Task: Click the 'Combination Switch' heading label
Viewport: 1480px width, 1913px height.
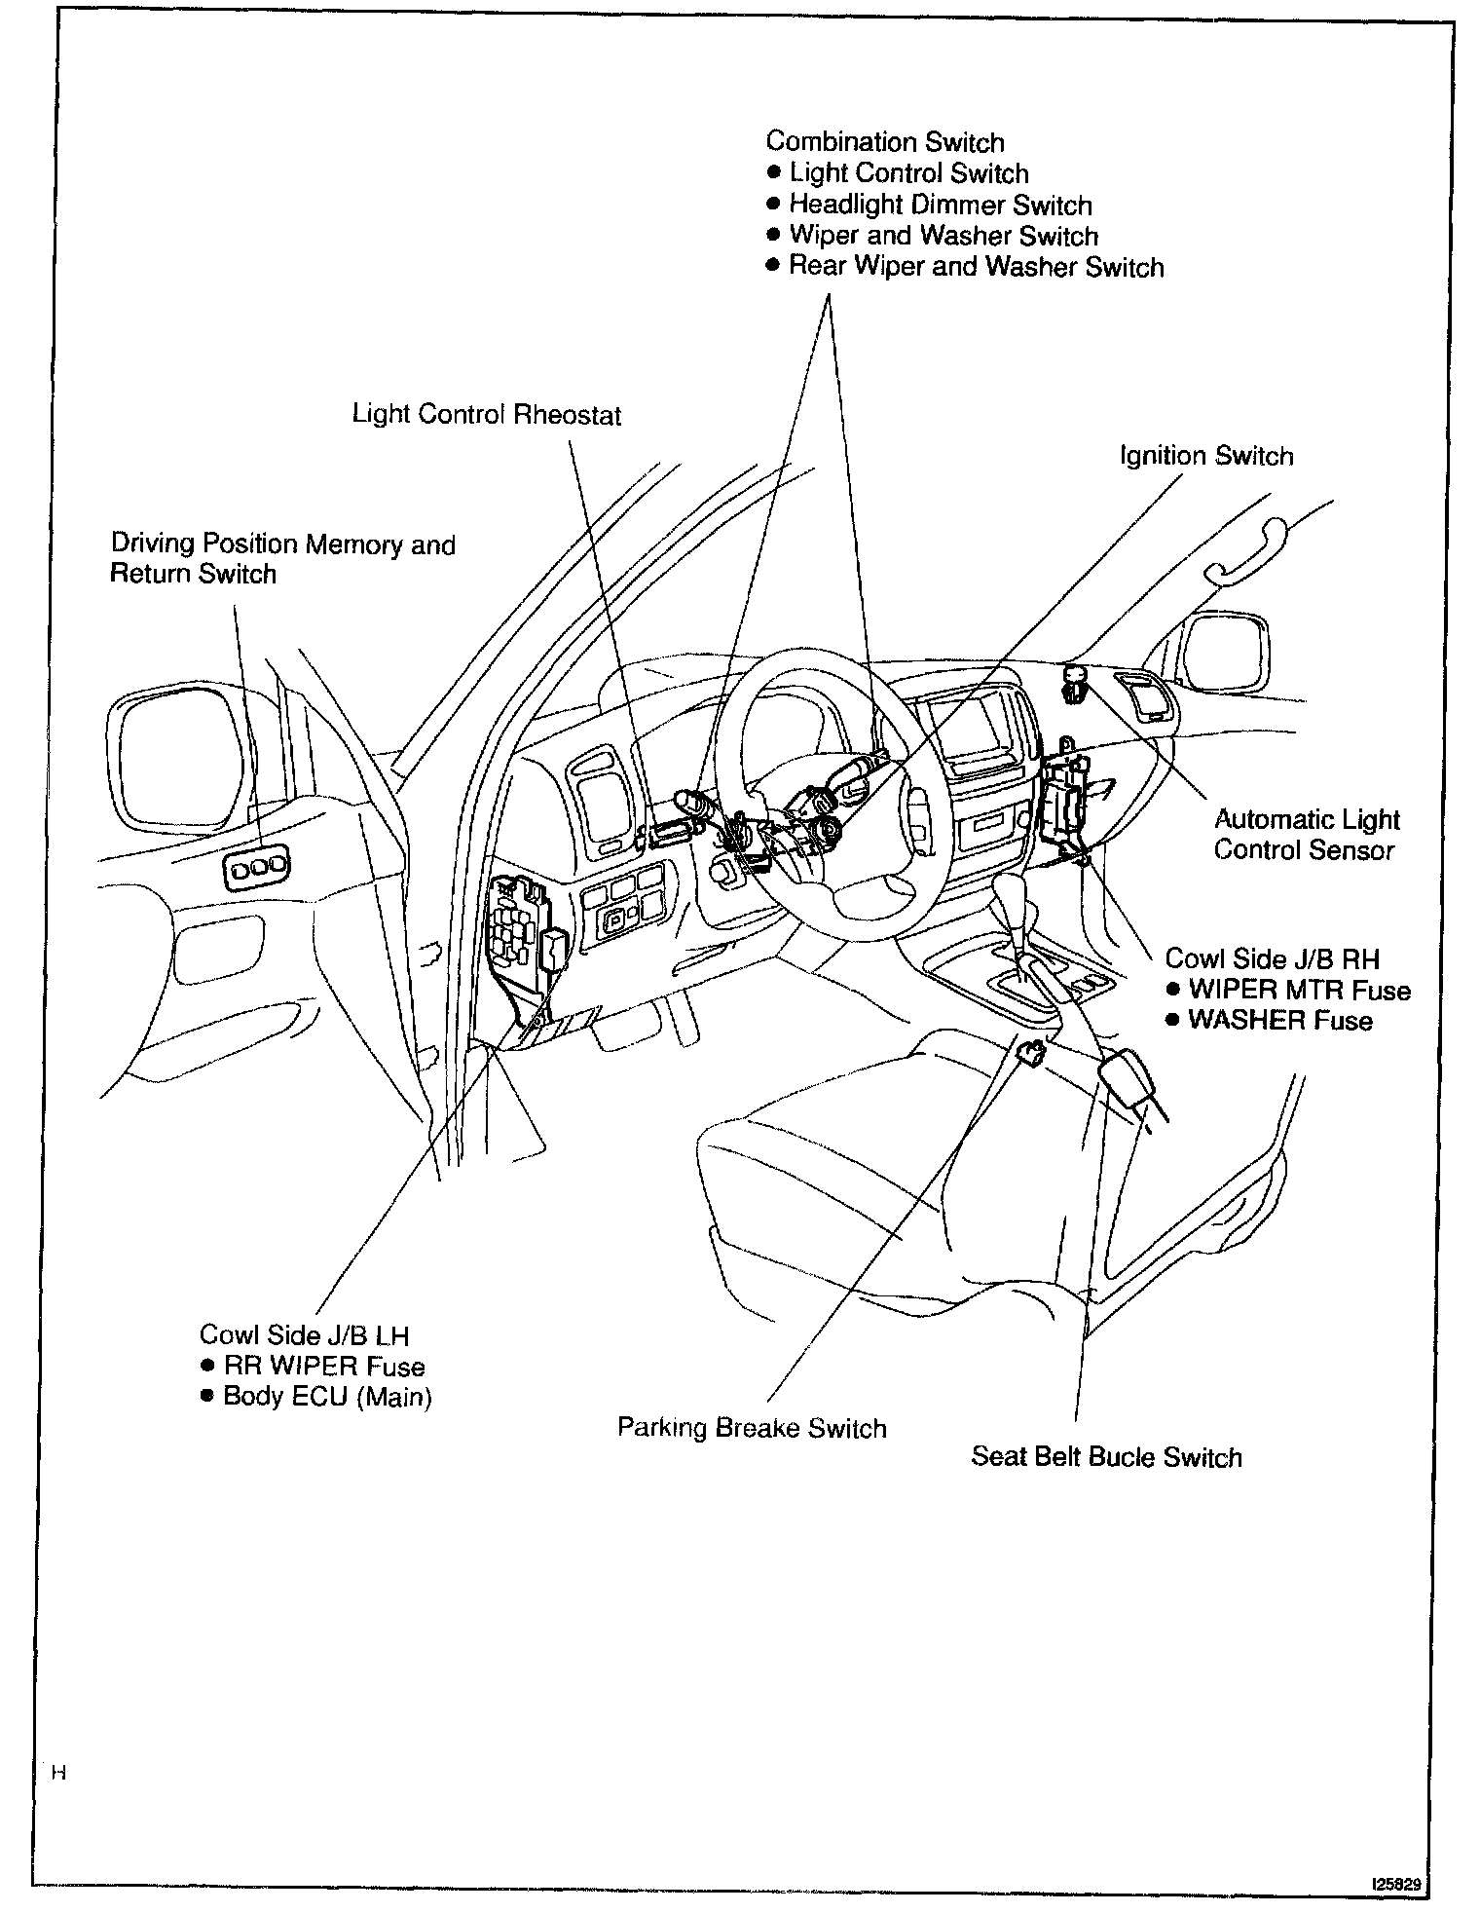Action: pyautogui.click(x=884, y=142)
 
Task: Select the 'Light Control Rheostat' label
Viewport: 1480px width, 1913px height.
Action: pyautogui.click(x=486, y=415)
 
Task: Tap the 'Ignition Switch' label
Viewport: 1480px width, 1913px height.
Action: pyautogui.click(x=1205, y=456)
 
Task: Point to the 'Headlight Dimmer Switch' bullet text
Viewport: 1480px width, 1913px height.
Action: pyautogui.click(x=940, y=206)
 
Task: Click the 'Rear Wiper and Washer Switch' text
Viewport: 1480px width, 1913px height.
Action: pyautogui.click(x=976, y=267)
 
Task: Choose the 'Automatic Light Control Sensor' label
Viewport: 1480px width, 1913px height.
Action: pyautogui.click(x=1306, y=835)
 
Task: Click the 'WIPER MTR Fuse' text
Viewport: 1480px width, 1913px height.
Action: pyautogui.click(x=1299, y=991)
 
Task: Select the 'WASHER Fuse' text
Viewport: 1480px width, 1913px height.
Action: pyautogui.click(x=1279, y=1021)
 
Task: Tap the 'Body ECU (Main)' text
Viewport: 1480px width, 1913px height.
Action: pyautogui.click(x=327, y=1397)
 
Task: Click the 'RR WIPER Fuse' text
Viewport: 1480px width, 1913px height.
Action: pyautogui.click(x=323, y=1367)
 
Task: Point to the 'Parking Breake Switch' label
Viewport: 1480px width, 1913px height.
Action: pyautogui.click(x=752, y=1428)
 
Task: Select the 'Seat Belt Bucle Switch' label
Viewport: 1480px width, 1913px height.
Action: pyautogui.click(x=1106, y=1457)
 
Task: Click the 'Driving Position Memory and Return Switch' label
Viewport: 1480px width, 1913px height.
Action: pyautogui.click(x=282, y=558)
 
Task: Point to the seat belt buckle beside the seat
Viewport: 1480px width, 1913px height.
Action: pyautogui.click(x=1128, y=1075)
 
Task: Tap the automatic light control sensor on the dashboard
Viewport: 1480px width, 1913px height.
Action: pyautogui.click(x=1077, y=679)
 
